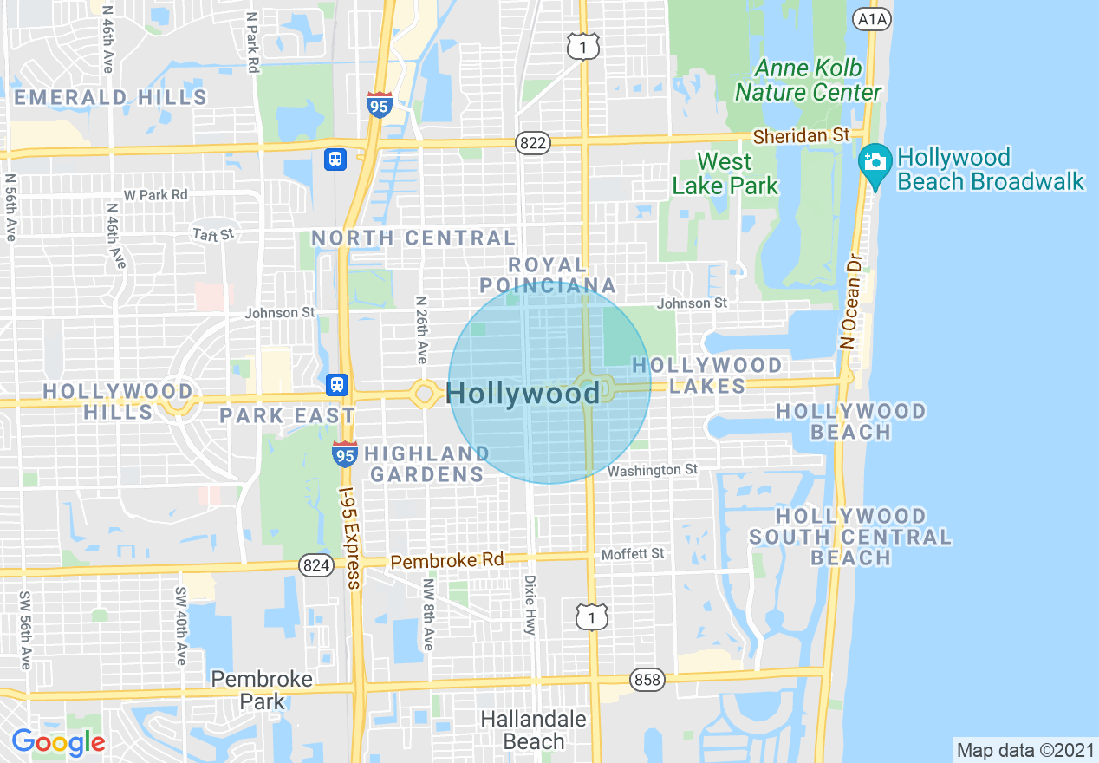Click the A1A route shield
point(871,19)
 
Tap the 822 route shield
point(532,144)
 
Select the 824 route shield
point(315,565)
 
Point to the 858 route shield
point(648,680)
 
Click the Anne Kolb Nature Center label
point(808,80)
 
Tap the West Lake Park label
point(725,173)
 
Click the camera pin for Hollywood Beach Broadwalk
point(875,164)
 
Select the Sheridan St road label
point(801,135)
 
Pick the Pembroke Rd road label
point(446,561)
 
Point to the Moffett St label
point(633,553)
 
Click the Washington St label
point(652,470)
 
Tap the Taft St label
point(213,234)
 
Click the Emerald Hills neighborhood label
point(110,97)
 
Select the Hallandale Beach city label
point(533,730)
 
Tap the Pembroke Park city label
point(262,689)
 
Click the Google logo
point(58,741)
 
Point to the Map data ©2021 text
point(1024,750)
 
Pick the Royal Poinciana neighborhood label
point(547,275)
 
